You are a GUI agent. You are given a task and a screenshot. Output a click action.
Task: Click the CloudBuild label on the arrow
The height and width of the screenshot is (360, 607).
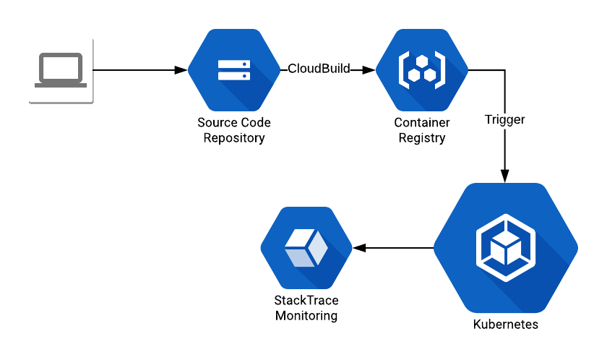point(319,69)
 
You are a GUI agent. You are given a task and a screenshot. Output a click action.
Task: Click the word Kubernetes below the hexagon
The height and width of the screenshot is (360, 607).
point(505,325)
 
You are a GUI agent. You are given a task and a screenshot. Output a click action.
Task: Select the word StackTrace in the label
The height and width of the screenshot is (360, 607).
point(306,301)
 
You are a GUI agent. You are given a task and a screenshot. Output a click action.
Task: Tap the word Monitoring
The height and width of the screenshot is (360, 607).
point(306,316)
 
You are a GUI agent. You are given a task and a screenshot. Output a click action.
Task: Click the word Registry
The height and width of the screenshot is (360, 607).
point(422,138)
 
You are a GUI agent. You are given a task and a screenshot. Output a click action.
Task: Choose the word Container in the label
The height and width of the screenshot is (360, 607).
point(422,123)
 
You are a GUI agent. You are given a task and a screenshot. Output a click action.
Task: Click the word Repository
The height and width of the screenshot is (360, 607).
point(234,138)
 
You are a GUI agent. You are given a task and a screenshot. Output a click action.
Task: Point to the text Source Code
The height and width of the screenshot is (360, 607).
point(234,123)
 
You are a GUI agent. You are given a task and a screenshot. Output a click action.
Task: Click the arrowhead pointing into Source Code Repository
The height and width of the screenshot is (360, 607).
point(181,70)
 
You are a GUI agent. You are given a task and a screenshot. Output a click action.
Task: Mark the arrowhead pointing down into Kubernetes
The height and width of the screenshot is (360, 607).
point(504,176)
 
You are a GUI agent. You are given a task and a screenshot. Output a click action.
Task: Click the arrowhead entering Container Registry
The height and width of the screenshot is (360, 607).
point(369,70)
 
